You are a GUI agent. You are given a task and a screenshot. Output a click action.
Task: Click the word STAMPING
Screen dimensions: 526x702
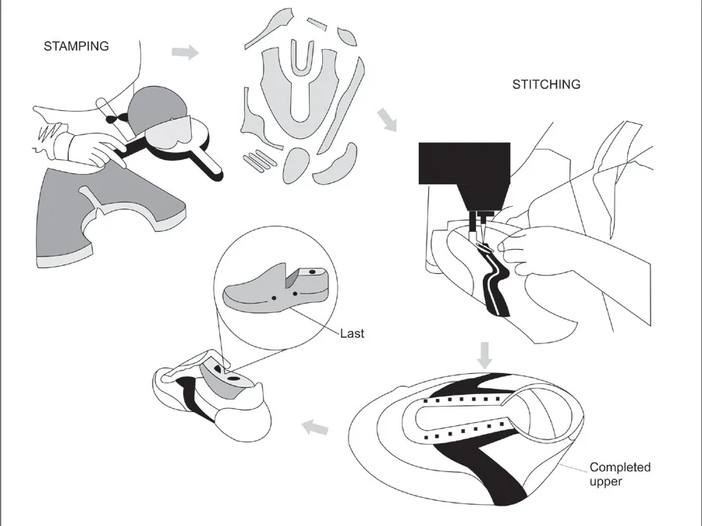pos(76,46)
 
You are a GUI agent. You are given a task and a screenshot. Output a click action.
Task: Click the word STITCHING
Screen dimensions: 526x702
pos(546,84)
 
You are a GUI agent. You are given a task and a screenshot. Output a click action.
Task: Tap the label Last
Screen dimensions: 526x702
pos(352,333)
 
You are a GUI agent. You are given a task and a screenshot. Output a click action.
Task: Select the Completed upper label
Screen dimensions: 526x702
pos(619,474)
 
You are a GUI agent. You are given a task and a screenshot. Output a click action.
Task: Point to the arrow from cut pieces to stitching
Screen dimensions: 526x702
pos(385,120)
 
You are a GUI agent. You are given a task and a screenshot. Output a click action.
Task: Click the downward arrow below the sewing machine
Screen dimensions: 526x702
pos(485,353)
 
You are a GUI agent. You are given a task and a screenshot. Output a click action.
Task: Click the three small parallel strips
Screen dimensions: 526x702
pos(257,161)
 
